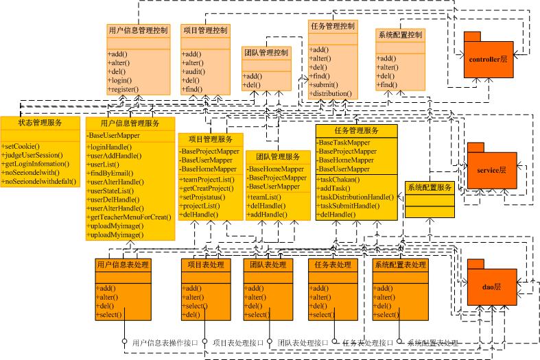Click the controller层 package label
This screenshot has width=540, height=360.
point(488,60)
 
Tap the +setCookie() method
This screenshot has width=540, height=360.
point(21,147)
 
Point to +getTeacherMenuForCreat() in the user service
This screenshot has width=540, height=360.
point(129,217)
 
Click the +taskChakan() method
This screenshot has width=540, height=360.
point(339,180)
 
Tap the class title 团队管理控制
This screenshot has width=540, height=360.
point(266,53)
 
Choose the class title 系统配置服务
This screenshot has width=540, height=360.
point(429,187)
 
